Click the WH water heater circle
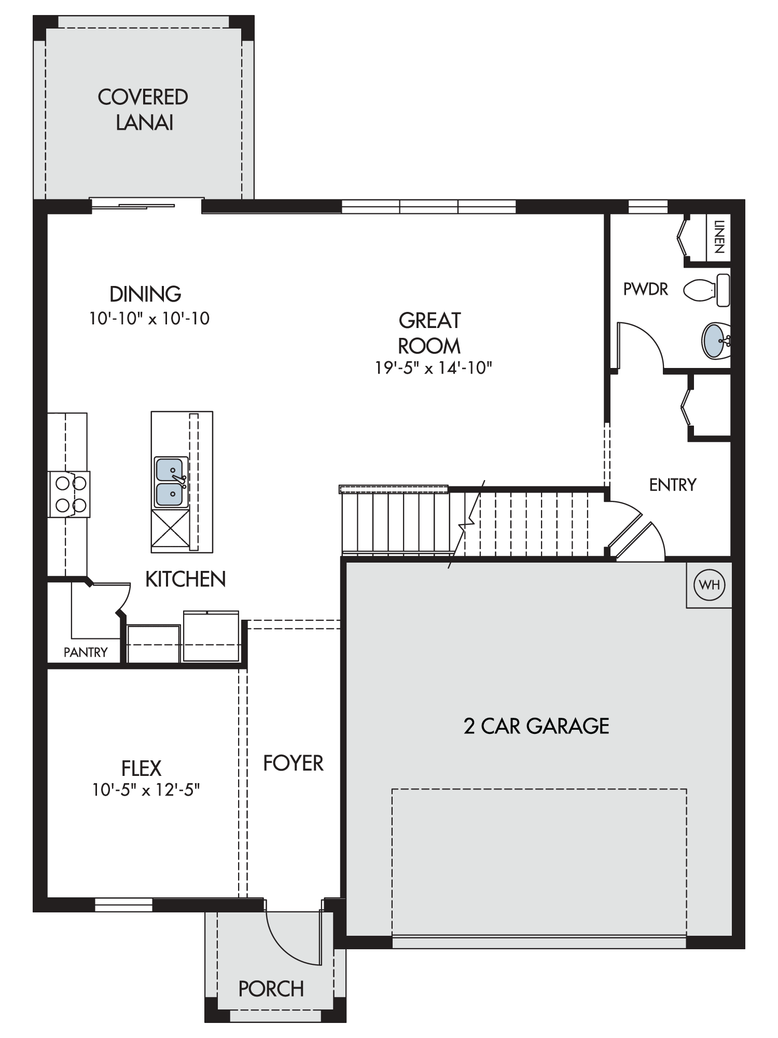[709, 585]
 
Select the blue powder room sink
[716, 341]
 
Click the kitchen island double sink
[171, 482]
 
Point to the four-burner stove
[69, 494]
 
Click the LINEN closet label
[719, 237]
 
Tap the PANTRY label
[86, 652]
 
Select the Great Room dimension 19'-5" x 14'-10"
[434, 368]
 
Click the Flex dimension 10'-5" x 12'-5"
[146, 790]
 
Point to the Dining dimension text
[149, 318]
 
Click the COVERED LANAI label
[143, 110]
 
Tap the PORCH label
[271, 989]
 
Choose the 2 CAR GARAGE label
[536, 726]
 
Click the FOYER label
[293, 763]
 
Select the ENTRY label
[673, 485]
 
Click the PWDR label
[646, 289]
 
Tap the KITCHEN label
[186, 579]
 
